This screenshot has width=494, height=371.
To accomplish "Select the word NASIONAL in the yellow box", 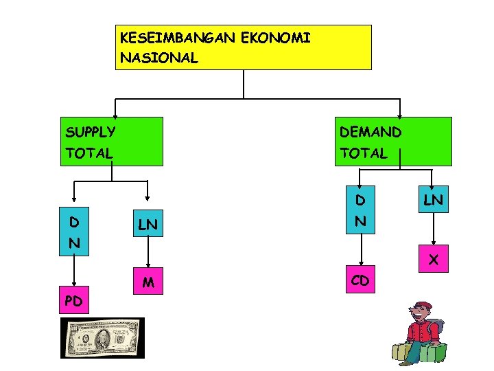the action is click(x=158, y=58).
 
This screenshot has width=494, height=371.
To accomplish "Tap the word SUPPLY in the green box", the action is click(x=90, y=131).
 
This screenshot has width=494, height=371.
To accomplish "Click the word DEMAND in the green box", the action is click(x=370, y=131).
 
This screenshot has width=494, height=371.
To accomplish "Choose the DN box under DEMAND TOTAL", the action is click(x=360, y=211).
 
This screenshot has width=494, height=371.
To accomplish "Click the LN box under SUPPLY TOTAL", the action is click(x=149, y=225).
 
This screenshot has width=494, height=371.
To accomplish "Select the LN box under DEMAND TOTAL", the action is click(x=433, y=201).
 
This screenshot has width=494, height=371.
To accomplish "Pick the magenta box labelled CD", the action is click(x=360, y=280).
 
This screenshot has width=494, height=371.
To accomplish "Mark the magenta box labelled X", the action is click(x=433, y=260).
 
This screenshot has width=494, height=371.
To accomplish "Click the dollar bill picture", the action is click(x=102, y=337).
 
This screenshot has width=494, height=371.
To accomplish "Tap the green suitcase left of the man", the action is click(x=400, y=352).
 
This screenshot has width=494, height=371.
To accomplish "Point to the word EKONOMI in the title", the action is click(x=277, y=38).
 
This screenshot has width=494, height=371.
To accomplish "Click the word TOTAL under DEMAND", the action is click(x=363, y=153).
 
